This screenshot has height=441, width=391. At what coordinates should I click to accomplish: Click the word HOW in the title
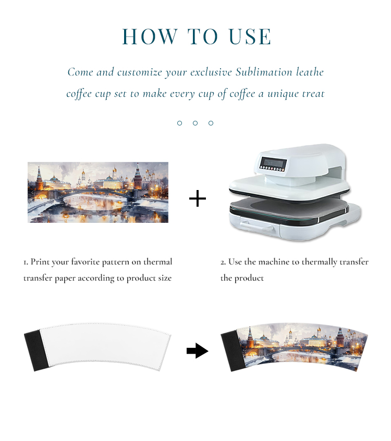coord(150,36)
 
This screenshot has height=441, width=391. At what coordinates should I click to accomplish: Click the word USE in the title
coord(250,36)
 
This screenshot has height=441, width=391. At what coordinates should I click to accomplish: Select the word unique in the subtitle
coord(283,94)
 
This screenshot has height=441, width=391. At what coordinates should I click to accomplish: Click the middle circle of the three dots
coord(195,123)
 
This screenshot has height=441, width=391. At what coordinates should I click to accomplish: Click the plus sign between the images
coord(198,198)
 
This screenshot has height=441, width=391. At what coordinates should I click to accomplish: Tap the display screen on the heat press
coord(273,163)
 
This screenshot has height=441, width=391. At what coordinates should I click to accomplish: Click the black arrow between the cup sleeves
coord(198,351)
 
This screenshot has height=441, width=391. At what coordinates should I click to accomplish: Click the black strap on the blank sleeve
coord(36,350)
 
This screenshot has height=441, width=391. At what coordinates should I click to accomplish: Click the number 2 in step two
coord(223,262)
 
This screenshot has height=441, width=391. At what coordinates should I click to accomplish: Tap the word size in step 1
coord(165,278)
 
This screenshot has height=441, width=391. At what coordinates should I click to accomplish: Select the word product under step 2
coord(249,279)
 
